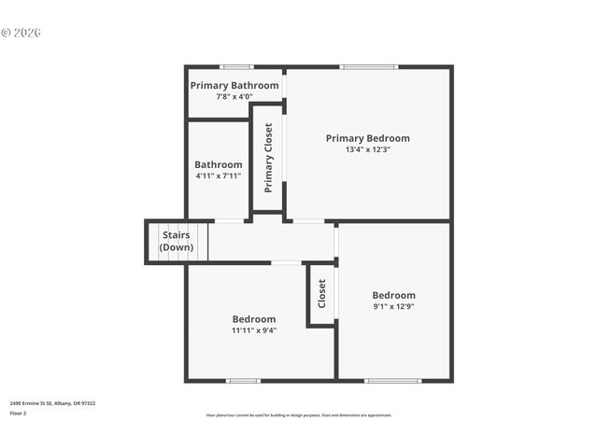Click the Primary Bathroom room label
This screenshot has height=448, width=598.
pos(235,85)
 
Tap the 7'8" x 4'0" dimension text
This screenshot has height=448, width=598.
pos(235,96)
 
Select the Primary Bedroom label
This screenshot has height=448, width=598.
pos(367,138)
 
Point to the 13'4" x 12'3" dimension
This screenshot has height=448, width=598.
pos(367,149)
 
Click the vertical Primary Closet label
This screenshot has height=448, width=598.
pos(268,158)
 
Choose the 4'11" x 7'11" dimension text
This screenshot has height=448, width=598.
pos(219,175)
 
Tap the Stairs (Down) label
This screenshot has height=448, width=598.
pos(176,242)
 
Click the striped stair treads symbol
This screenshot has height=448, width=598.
pos(196,242)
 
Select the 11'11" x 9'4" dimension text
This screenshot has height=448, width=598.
pos(254,329)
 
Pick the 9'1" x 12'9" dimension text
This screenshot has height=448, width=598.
pos(393,307)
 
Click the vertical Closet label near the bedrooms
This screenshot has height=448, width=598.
pos(321,294)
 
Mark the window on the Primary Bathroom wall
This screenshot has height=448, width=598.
pos(236,66)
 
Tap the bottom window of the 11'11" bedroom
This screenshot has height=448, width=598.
pos(243,380)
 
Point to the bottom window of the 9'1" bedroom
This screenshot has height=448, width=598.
pos(392,380)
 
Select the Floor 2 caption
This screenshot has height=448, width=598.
pos(18,412)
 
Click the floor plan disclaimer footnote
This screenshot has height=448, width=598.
pos(299,415)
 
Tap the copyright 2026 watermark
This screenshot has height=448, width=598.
pos(21,33)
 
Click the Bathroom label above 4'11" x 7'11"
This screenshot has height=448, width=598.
pos(219,164)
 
